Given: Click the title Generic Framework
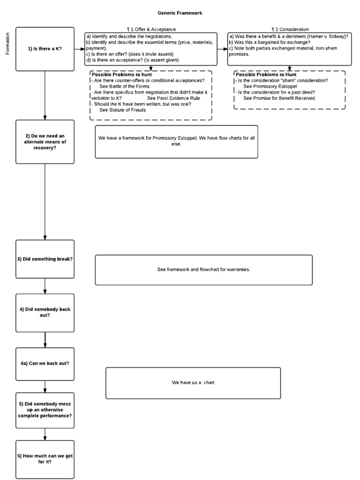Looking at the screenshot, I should pos(180,13).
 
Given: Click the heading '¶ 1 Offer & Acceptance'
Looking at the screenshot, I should pos(151,30).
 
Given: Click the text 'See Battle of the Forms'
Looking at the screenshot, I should pos(125,86).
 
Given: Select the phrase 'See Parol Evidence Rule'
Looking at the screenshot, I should pos(173,98).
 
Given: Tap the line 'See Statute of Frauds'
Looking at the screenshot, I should pos(123,110).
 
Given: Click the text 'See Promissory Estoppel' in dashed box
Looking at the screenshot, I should pos(270,86).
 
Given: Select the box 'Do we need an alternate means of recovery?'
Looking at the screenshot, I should pos(45,142).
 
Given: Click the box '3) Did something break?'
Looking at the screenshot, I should pos(45,259).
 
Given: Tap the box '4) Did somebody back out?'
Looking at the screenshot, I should pos(45,312).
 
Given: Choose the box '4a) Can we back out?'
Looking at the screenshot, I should pos(45,364).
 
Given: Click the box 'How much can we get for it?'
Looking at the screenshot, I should pos(45,459).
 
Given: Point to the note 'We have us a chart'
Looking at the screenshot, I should pos(193,382).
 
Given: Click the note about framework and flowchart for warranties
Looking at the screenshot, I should pos(203,270).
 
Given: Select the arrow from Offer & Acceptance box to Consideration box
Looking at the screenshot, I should pos(222,48).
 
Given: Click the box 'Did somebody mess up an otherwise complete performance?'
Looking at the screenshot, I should pos(45,410).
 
